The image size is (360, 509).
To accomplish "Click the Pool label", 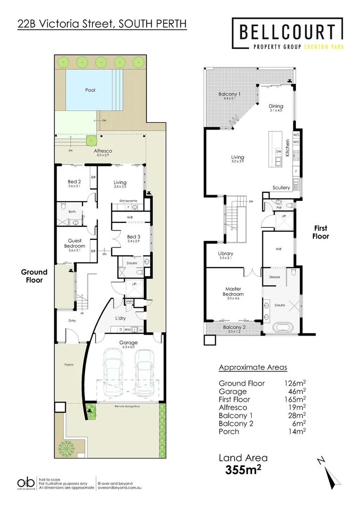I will click(x=90, y=90).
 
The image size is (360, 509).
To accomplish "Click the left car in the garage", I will click(x=114, y=372).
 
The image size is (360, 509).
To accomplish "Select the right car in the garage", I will click(x=145, y=372).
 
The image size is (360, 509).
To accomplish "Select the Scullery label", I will click(x=281, y=188).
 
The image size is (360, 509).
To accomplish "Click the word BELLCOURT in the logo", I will click(x=287, y=32).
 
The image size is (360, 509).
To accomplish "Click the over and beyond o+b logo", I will click(x=26, y=484).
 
